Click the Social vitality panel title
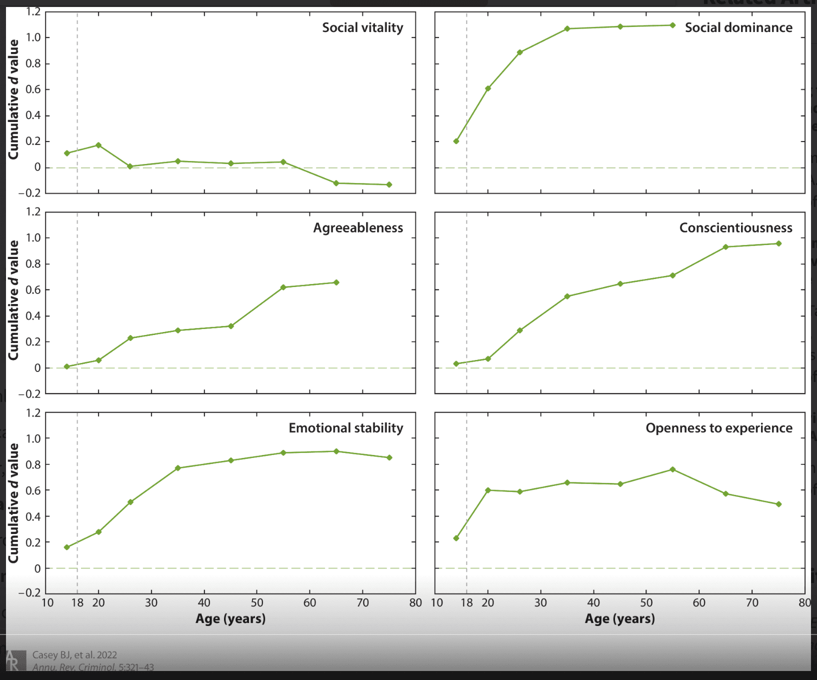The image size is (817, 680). pyautogui.click(x=362, y=28)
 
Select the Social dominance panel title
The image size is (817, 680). pyautogui.click(x=738, y=28)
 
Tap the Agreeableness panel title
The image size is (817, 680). pyautogui.click(x=358, y=228)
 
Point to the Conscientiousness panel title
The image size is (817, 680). pyautogui.click(x=735, y=228)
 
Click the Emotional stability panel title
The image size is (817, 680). pyautogui.click(x=345, y=428)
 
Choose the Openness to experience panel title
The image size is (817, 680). pyautogui.click(x=718, y=428)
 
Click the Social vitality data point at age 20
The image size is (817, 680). pyautogui.click(x=98, y=145)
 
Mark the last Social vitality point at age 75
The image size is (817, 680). pyautogui.click(x=389, y=185)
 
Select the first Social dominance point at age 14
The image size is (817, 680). pyautogui.click(x=456, y=141)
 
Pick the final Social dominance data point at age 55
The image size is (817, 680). pyautogui.click(x=672, y=25)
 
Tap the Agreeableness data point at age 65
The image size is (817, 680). pyautogui.click(x=336, y=282)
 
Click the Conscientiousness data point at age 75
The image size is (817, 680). pyautogui.click(x=778, y=243)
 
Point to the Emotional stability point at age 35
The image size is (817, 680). pyautogui.click(x=177, y=468)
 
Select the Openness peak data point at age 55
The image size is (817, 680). pyautogui.click(x=672, y=469)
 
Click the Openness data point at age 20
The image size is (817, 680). pyautogui.click(x=488, y=490)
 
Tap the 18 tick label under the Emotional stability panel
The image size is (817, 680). pyautogui.click(x=77, y=602)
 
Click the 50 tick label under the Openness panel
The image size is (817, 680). pyautogui.click(x=646, y=602)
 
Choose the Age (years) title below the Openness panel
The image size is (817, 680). pyautogui.click(x=619, y=619)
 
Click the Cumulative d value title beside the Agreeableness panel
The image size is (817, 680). pyautogui.click(x=13, y=300)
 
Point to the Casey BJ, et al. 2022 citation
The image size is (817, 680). pyautogui.click(x=74, y=655)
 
